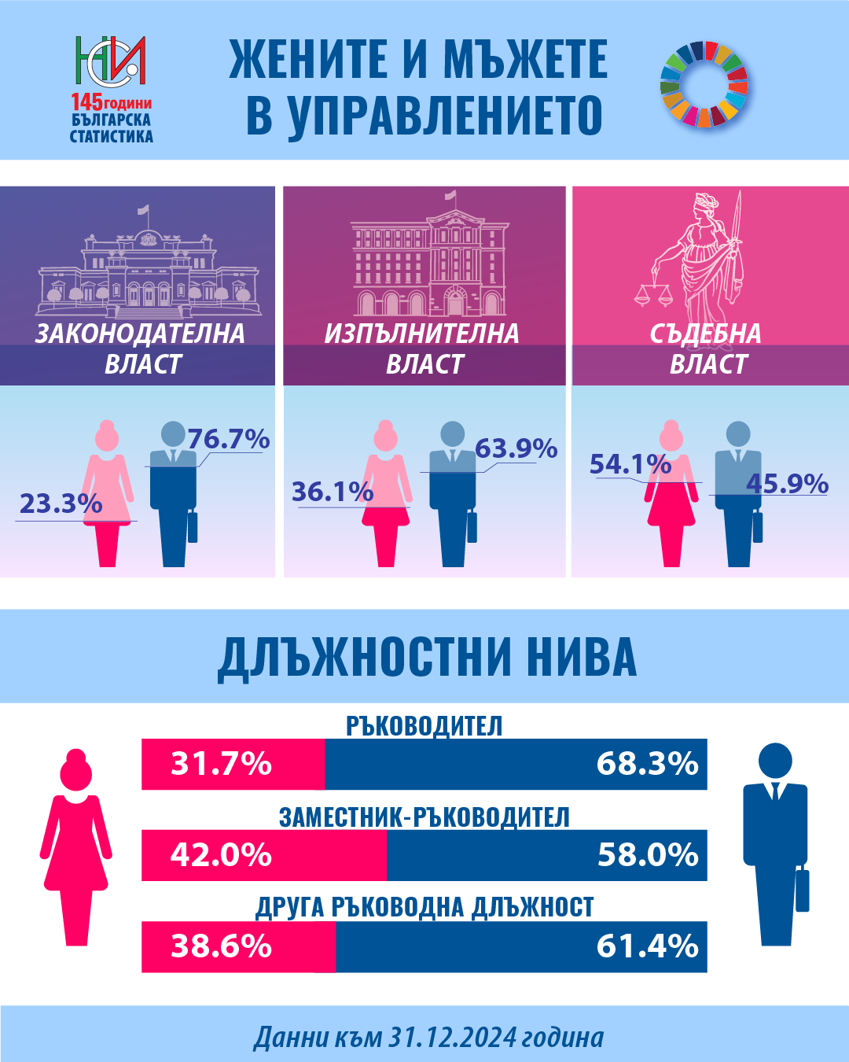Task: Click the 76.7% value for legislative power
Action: coord(228,439)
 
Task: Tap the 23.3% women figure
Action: coord(61,503)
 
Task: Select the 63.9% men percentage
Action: coord(516,448)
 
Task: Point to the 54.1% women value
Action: coord(630,464)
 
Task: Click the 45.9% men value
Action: coord(787,483)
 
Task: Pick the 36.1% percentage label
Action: coord(333,492)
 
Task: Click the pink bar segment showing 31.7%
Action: coord(233,764)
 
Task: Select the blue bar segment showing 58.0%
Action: coord(546,855)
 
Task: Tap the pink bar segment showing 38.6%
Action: coord(238,946)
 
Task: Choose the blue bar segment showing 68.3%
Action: coord(516,764)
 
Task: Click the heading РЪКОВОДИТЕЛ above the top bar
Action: coord(424,726)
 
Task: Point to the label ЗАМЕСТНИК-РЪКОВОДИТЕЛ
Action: coord(424,817)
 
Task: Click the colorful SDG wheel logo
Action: coord(704,84)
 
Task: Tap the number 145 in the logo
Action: coord(86,103)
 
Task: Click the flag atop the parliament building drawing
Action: coord(144,210)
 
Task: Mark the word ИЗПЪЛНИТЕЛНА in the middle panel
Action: coord(422,334)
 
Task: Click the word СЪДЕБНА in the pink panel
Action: coord(705,334)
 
